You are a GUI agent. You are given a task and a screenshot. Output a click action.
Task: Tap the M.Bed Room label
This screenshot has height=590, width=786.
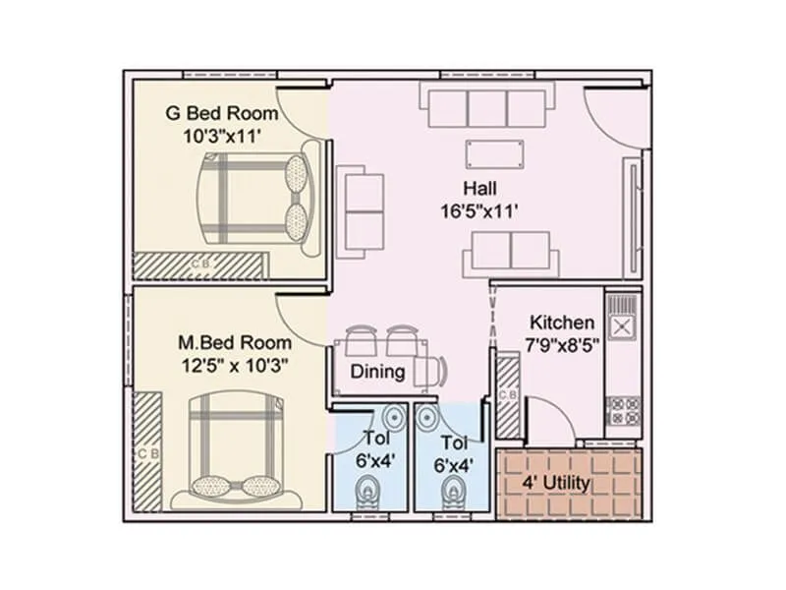click(234, 343)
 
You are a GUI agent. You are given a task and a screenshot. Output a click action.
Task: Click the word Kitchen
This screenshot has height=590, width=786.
click(561, 323)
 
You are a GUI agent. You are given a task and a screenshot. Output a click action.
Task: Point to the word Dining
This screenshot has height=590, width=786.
click(378, 372)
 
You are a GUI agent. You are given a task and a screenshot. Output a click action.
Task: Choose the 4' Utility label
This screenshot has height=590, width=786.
click(555, 483)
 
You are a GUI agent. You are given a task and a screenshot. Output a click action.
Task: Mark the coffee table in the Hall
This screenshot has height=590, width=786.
click(495, 153)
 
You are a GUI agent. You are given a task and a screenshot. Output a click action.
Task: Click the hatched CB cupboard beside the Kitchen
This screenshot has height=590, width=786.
click(507, 396)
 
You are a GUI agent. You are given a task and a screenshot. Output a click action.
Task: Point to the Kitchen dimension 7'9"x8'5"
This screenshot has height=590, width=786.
click(562, 345)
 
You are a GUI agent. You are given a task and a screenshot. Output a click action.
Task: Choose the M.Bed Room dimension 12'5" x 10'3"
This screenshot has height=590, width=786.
click(234, 365)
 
